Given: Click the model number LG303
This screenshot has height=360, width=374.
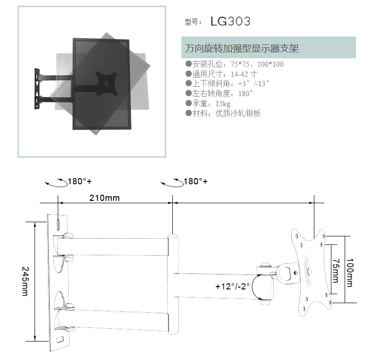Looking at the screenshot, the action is (231, 21).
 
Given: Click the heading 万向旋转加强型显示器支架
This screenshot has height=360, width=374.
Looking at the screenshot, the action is (242, 48).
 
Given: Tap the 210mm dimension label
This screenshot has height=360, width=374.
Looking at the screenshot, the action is (105, 198).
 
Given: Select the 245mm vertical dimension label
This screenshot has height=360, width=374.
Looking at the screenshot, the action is (25, 281).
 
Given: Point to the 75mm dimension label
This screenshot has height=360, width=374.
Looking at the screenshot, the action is (336, 271).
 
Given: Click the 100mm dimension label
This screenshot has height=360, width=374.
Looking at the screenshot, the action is (350, 272).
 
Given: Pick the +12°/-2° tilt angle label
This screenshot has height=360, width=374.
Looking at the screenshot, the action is (232, 286).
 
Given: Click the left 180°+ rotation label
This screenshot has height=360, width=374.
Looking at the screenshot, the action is (80, 181).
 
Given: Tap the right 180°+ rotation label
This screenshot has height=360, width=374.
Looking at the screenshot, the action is (196, 181).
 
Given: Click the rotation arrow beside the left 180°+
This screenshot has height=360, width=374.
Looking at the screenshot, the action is (56, 183).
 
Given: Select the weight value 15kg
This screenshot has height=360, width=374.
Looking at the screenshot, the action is (223, 104).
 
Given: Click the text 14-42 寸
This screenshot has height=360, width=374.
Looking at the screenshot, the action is (244, 74).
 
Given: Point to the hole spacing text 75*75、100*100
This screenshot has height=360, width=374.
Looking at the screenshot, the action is (257, 64).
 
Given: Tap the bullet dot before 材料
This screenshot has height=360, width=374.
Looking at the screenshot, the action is (189, 113).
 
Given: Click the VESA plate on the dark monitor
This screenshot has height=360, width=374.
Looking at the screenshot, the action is (107, 83).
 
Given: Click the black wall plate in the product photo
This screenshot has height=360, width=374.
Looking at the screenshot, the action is (37, 89).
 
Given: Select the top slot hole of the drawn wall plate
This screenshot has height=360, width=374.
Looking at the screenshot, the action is (58, 225).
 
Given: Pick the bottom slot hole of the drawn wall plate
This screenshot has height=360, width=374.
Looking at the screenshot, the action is (60, 339).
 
